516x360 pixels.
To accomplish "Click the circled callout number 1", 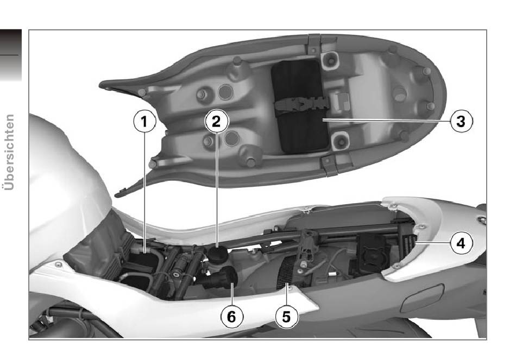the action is tap(144, 122).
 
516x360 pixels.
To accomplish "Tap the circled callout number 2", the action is tap(216, 122).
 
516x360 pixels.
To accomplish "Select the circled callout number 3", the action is tap(461, 121).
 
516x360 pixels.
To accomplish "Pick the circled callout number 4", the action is tap(461, 243).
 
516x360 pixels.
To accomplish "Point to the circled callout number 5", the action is tap(287, 317).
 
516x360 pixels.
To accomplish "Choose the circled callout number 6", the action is tap(232, 317).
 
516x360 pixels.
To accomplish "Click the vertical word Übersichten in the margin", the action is tap(9, 152).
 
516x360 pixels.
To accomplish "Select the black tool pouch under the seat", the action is tap(300, 107).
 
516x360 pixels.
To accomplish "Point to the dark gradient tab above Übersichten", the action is tap(11, 55).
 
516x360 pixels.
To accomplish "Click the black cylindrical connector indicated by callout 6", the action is tap(220, 277).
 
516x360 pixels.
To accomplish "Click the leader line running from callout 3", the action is tap(386, 121).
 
